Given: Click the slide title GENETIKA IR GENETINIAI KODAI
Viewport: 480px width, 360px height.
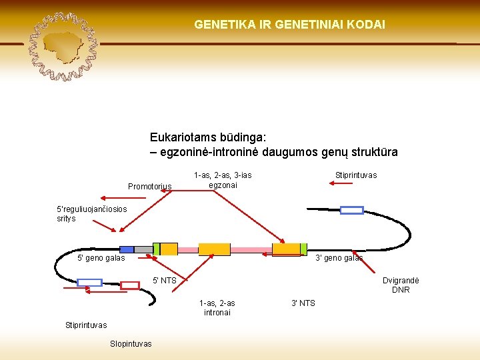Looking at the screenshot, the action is (x=289, y=24).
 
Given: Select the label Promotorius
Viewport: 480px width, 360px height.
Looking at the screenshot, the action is (x=150, y=187).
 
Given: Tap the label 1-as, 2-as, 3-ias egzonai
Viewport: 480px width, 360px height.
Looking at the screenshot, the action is (x=223, y=180).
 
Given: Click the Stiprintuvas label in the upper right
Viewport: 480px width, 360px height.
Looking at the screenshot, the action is (x=356, y=175).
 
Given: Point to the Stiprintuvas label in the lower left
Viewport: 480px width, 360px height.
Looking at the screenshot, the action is (x=86, y=325).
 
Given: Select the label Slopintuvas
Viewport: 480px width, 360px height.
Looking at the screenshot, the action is (x=131, y=344).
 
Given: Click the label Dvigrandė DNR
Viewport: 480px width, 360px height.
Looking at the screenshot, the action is (x=401, y=285).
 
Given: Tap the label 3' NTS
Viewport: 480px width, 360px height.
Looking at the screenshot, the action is (x=303, y=303).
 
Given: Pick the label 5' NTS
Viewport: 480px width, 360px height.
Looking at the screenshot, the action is (x=165, y=281).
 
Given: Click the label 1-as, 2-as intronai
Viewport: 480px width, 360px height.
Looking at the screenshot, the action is (x=217, y=308).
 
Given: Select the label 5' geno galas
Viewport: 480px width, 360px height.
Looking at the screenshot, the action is (x=101, y=258).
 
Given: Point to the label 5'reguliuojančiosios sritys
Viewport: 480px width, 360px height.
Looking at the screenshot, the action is (x=92, y=213).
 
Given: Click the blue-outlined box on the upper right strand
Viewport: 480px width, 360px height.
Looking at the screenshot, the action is (x=352, y=211).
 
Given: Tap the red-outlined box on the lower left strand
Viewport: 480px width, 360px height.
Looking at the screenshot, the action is (x=130, y=285).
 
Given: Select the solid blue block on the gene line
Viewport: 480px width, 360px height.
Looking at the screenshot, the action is (x=127, y=249).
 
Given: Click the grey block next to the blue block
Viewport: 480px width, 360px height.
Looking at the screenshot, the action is (x=143, y=249).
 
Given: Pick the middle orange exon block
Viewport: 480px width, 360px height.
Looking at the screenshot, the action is (x=215, y=249).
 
